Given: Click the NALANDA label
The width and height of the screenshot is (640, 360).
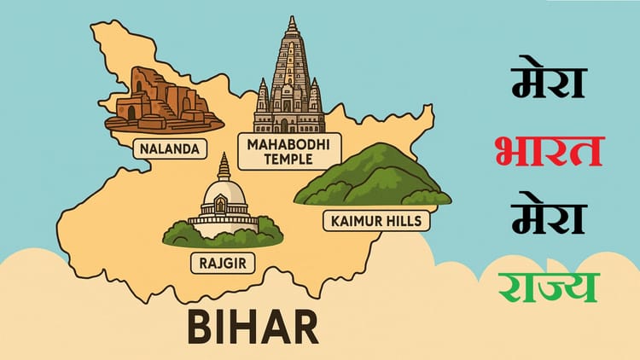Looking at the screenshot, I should [169, 149].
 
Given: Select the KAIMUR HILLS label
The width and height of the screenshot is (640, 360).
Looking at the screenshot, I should [375, 222].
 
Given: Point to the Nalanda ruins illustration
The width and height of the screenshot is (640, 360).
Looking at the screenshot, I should [162, 101].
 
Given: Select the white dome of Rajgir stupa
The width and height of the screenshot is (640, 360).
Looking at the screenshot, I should [224, 198].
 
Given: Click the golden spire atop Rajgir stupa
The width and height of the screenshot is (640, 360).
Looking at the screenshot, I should [224, 165].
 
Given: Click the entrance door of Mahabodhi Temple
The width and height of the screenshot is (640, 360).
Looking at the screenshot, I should [288, 125].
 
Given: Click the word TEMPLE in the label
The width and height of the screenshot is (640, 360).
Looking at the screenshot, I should [288, 160].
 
